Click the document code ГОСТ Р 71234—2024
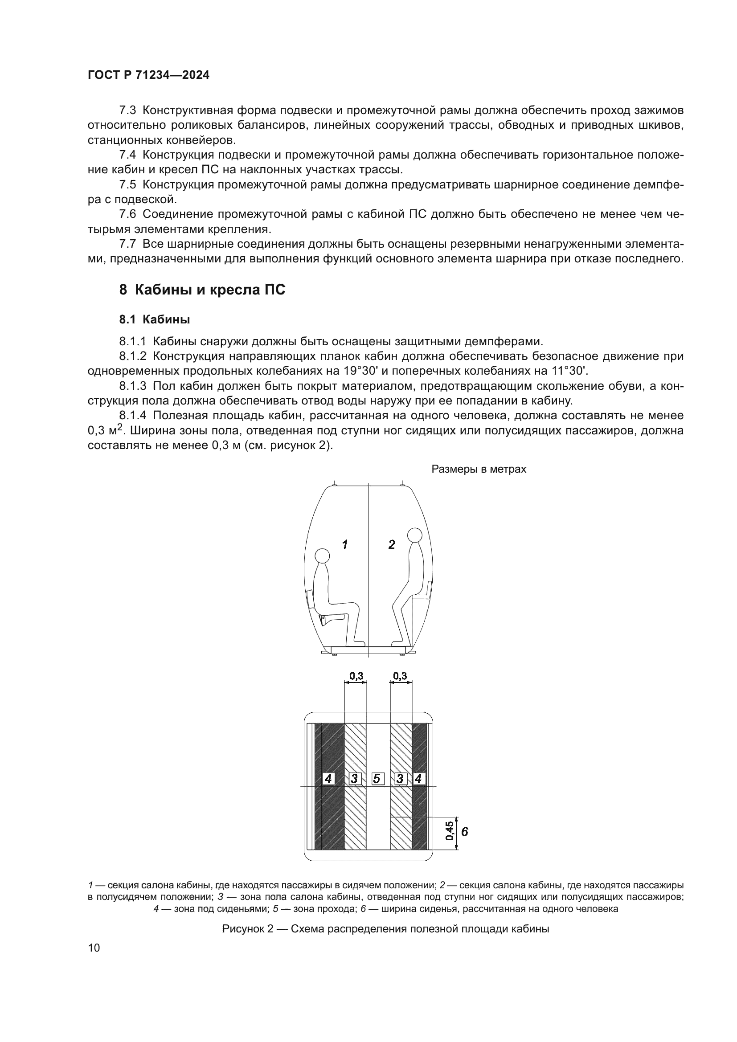[x=148, y=75]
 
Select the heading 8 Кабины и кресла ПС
[x=202, y=290]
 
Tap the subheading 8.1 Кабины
[x=154, y=319]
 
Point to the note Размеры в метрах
[x=478, y=469]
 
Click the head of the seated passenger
[x=322, y=556]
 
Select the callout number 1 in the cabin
[x=345, y=544]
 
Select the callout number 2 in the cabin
[x=392, y=544]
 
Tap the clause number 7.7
[x=127, y=244]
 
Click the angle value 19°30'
[x=361, y=371]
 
